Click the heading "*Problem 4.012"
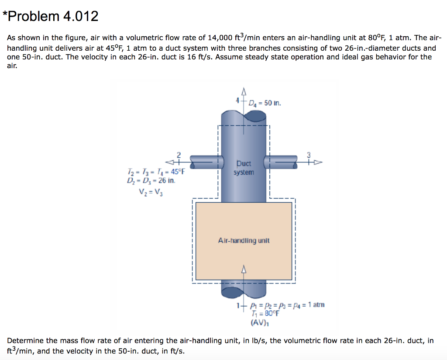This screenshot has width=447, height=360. (51, 16)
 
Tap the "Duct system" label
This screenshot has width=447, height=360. (244, 168)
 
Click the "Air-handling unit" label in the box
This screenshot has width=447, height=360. (244, 240)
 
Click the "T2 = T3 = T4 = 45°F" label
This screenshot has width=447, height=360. (155, 171)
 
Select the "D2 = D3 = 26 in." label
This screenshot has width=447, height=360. (151, 180)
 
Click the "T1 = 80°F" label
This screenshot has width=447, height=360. (265, 313)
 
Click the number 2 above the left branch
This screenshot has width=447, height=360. (178, 154)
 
